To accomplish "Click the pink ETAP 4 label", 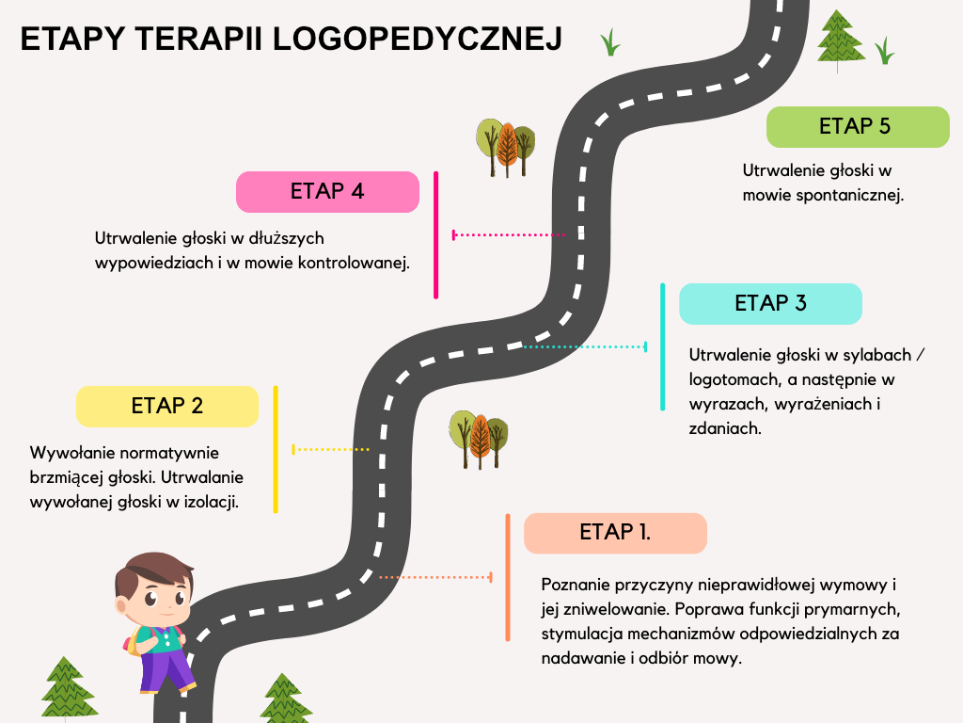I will click(326, 191).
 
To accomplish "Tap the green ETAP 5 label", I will click(857, 126).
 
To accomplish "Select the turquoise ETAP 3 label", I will click(770, 303).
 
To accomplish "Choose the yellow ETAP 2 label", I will click(167, 406).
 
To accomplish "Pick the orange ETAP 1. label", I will click(615, 532).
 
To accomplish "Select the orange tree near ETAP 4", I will click(507, 147).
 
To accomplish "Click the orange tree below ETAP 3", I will click(480, 439).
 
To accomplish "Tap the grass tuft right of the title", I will click(611, 42).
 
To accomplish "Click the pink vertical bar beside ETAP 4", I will click(435, 234).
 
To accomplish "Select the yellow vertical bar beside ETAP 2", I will click(275, 449).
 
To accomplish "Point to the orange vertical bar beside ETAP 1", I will click(508, 576).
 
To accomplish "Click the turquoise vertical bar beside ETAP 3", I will click(662, 346).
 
